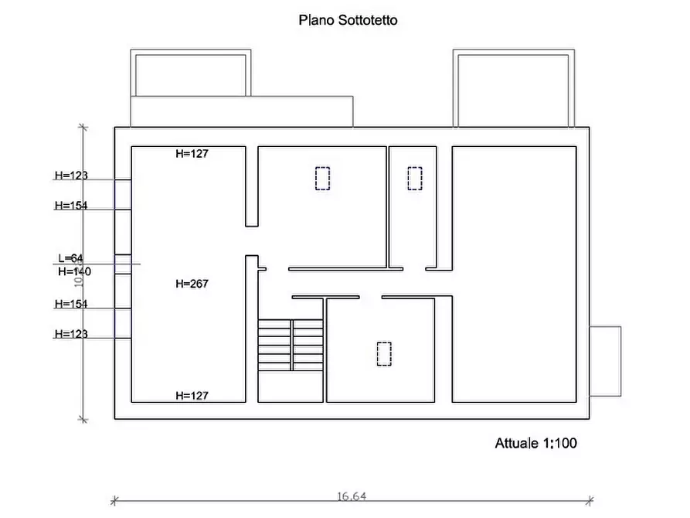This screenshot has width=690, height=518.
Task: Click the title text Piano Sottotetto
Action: pos(348,21)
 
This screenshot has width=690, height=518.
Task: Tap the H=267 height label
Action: pos(192,284)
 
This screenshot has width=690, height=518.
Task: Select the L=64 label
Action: pos(70,258)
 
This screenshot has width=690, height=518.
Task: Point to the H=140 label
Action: pos(74,271)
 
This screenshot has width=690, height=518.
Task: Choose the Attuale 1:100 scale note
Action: pos(535,444)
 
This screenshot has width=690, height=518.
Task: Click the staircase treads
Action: pos(290,346)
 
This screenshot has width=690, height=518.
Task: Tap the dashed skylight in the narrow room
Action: pos(415,179)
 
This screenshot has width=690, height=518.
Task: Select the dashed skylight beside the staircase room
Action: pos(384,354)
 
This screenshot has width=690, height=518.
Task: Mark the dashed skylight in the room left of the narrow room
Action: pos(322,179)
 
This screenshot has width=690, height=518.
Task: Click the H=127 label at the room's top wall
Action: pos(192,154)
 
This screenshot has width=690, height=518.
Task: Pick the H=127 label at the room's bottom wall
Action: pos(192,396)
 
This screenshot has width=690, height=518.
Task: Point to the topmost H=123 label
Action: pos(71,176)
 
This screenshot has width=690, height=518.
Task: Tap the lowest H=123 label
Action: pos(71,334)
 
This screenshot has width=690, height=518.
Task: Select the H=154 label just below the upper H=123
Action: pos(71,206)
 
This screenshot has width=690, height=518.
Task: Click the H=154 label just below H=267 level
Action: pos(71,304)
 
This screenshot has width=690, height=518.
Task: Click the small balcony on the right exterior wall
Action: pos(606,361)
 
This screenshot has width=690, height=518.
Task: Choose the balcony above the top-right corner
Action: pos(514,89)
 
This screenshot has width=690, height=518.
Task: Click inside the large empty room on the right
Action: pos(514,274)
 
